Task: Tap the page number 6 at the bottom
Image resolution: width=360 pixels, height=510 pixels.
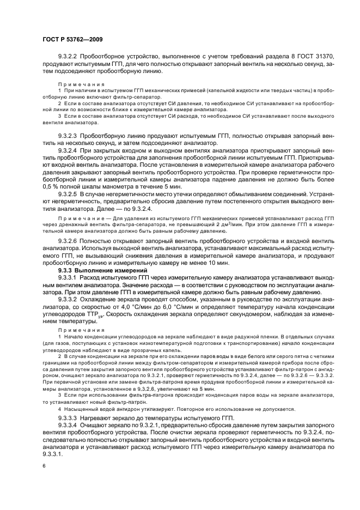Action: click(x=43, y=466)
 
